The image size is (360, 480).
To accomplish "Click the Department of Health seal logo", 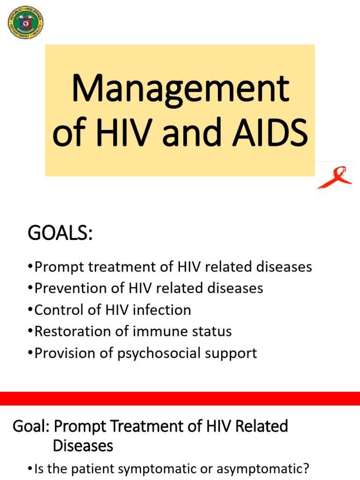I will [x=26, y=22].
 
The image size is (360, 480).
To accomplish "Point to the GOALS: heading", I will [x=60, y=232].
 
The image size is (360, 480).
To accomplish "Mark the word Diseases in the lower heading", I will [x=83, y=445].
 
